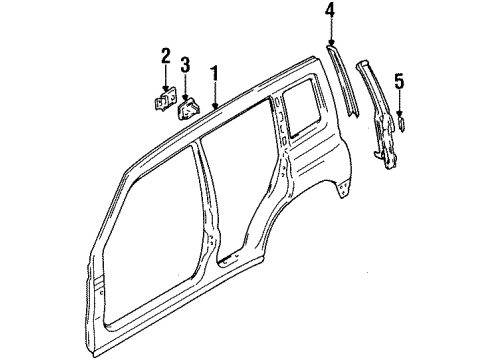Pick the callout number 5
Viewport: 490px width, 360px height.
pyautogui.click(x=399, y=82)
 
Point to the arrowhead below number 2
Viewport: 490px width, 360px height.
pyautogui.click(x=165, y=90)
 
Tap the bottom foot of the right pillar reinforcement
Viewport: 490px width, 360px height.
pyautogui.click(x=382, y=152)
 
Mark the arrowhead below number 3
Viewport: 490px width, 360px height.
pyautogui.click(x=186, y=96)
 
